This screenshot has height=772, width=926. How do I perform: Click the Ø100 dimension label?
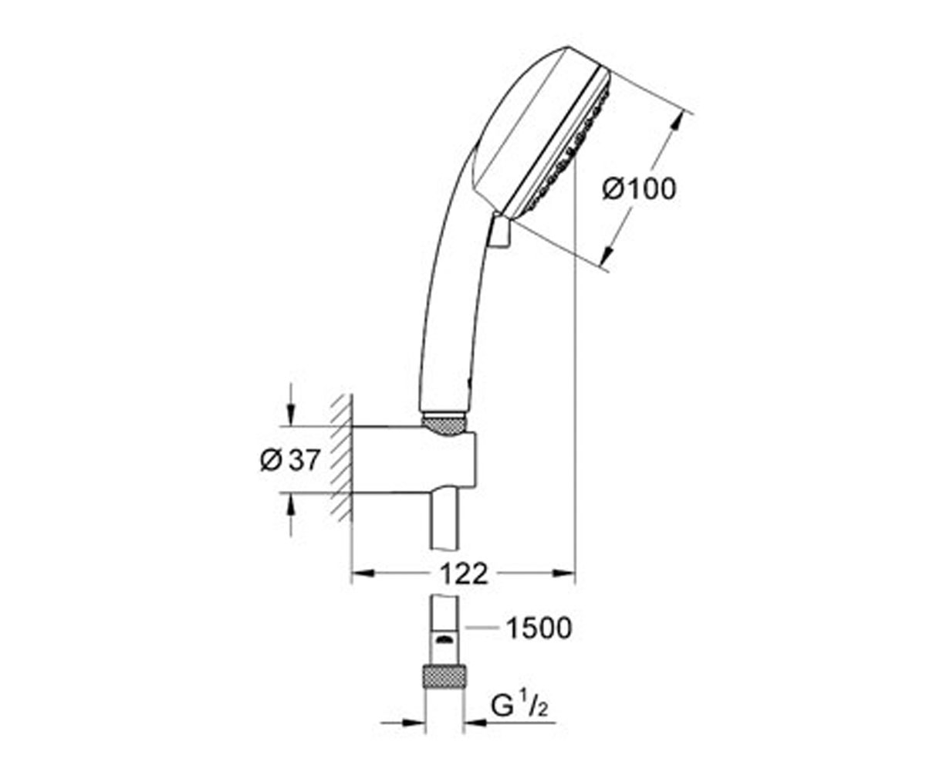click(x=639, y=189)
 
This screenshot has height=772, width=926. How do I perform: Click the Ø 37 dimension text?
click(x=289, y=460)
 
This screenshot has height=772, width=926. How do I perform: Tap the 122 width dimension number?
click(x=464, y=574)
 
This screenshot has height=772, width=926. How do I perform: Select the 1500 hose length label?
click(x=539, y=628)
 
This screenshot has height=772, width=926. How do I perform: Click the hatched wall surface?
click(x=343, y=458)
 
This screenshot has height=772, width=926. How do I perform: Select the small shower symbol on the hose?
click(x=444, y=639)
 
